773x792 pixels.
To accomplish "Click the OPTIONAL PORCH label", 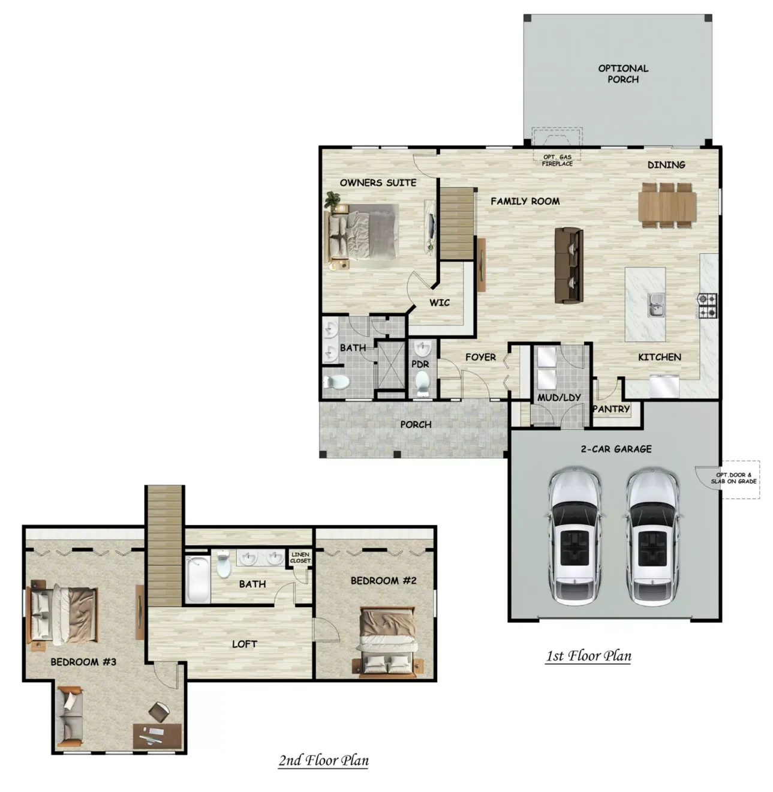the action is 622,74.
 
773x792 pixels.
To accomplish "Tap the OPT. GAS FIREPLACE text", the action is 557,160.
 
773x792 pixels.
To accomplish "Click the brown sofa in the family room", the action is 569,265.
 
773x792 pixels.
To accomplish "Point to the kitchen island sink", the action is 656,304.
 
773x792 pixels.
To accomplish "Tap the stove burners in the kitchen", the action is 708,305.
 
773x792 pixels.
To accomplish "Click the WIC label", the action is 440,302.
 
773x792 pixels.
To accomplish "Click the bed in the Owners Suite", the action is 362,236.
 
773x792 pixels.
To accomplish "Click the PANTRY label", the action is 611,409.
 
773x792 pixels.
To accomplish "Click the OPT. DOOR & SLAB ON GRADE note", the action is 733,478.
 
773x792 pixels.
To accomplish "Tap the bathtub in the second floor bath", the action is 198,579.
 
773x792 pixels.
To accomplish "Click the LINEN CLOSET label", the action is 300,557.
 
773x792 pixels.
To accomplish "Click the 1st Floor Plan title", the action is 588,656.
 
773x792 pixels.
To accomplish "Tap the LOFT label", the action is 245,644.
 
